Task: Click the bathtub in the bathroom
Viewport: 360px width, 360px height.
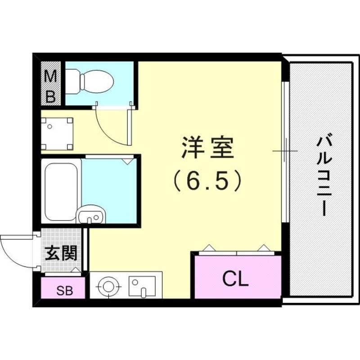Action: point(61,190)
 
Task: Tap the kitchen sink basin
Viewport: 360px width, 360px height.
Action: point(142,285)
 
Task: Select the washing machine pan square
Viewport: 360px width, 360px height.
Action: point(57,134)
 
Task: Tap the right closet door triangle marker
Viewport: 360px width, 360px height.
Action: point(264,248)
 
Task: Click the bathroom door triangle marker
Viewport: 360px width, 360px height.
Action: point(128,160)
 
